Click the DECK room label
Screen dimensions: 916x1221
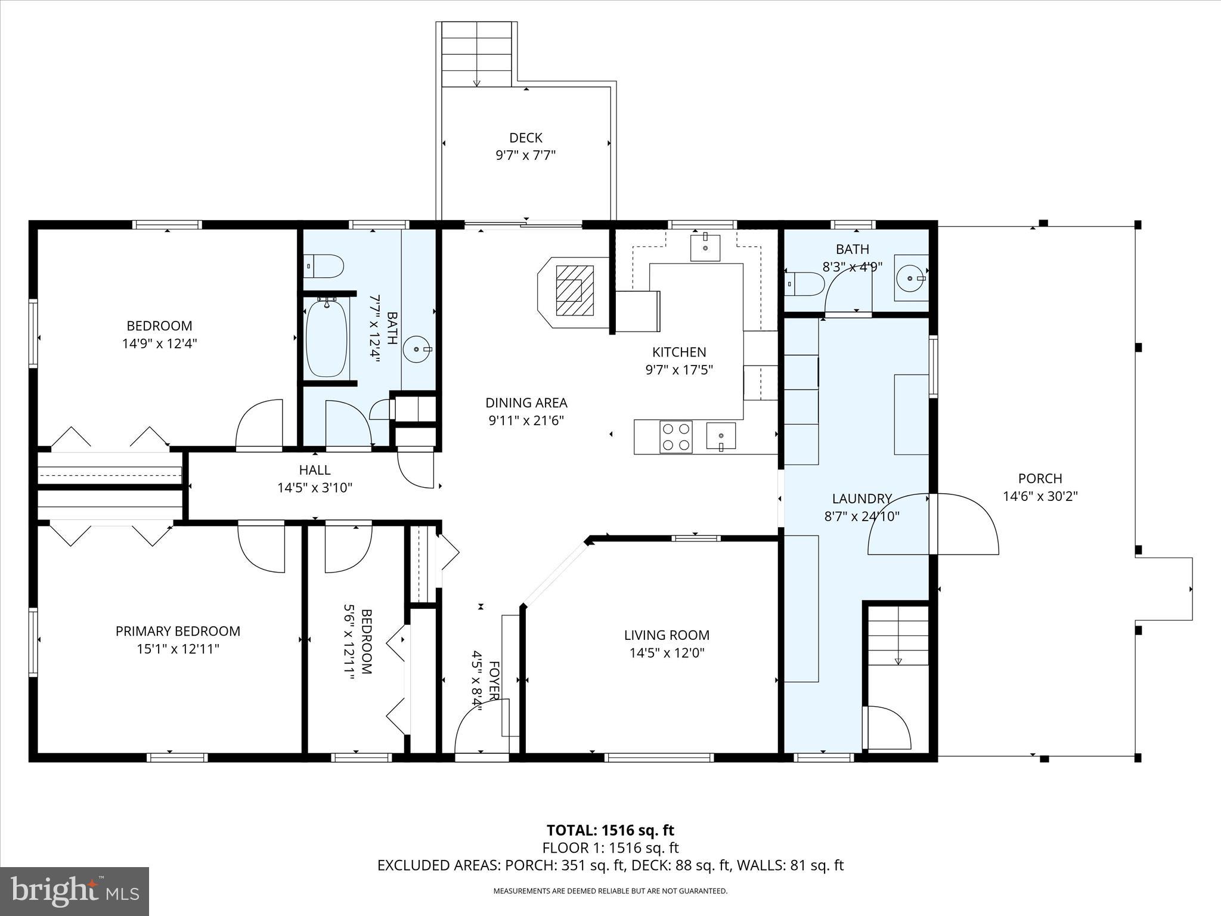coord(525,138)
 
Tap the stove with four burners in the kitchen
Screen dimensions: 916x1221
coord(676,437)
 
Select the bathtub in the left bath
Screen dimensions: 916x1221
coord(326,338)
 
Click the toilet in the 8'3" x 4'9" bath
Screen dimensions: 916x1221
coord(804,284)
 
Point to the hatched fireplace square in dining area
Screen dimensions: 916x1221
coord(575,290)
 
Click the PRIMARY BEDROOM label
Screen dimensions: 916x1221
coord(178,631)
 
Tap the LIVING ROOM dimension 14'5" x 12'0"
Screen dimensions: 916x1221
coord(667,653)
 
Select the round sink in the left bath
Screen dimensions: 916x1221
coord(416,349)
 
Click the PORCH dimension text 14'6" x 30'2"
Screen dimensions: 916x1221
coord(1040,496)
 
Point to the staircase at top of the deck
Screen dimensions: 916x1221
coord(476,54)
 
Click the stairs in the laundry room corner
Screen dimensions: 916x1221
coord(898,636)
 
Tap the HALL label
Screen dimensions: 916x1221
coord(315,470)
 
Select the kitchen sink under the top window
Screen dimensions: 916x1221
coord(705,247)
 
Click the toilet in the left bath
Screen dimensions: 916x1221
coord(324,266)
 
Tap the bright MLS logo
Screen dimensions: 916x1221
coord(75,891)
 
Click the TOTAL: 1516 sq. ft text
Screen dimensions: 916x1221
coord(610,830)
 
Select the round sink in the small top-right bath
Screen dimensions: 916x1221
coord(910,278)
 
